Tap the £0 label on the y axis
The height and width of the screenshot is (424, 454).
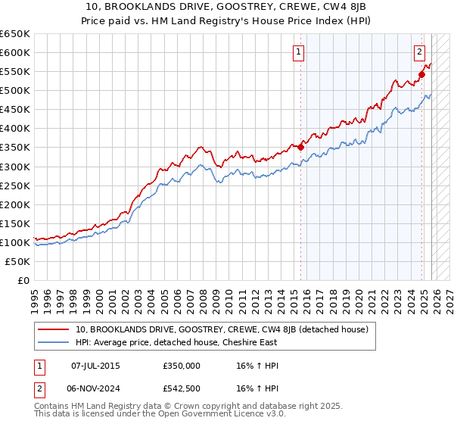(x=23, y=280)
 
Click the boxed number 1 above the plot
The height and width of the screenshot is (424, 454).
(x=299, y=52)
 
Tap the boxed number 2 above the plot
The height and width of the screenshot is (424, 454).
(x=418, y=52)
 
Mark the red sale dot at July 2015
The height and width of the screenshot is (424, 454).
(x=300, y=147)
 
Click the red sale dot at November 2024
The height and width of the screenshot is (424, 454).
(x=421, y=74)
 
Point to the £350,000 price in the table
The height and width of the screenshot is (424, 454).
(x=182, y=365)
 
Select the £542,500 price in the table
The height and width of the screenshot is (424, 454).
(x=182, y=388)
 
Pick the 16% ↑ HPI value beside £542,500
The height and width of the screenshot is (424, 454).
(x=258, y=388)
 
